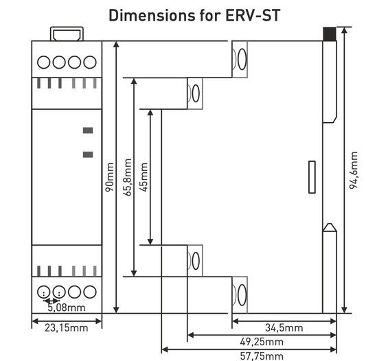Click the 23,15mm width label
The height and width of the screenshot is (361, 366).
tap(67, 328)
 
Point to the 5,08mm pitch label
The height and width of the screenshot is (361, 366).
tap(66, 307)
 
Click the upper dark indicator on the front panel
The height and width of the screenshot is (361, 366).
tap(88, 130)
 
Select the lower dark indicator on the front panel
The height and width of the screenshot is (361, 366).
tap(88, 154)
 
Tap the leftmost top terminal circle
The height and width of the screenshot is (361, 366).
tap(44, 62)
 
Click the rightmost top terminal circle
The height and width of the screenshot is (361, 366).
tap(89, 62)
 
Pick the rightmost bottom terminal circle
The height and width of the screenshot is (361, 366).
tap(89, 290)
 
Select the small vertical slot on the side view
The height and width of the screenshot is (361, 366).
tap(310, 177)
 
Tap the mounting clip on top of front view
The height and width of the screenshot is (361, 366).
tap(67, 33)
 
